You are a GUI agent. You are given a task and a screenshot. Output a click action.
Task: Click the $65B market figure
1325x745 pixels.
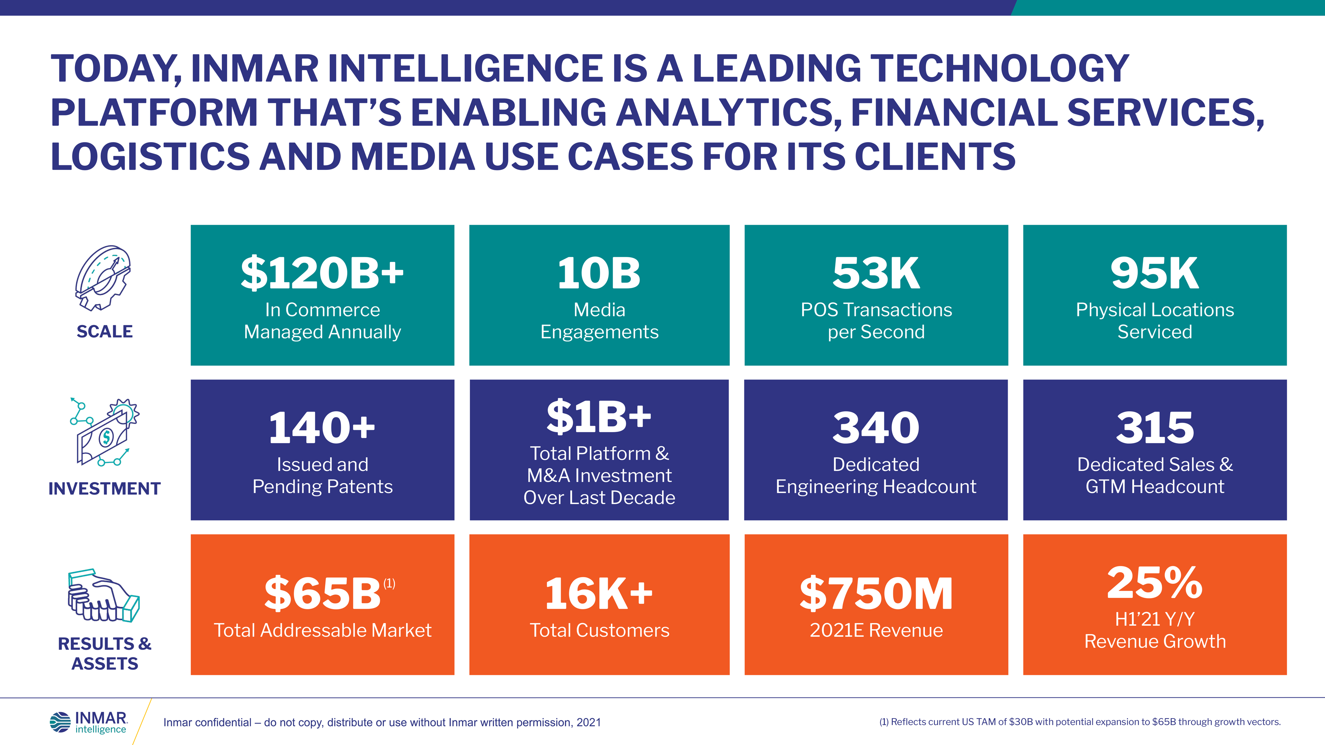pyautogui.click(x=322, y=593)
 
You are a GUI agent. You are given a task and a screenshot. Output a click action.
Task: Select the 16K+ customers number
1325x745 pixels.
pyautogui.click(x=599, y=593)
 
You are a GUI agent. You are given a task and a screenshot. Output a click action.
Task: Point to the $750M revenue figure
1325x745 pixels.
pyautogui.click(x=876, y=593)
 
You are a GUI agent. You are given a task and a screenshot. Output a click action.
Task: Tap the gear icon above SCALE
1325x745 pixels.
pyautogui.click(x=103, y=278)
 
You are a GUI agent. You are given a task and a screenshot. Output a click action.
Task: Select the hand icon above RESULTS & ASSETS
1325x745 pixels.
pyautogui.click(x=103, y=596)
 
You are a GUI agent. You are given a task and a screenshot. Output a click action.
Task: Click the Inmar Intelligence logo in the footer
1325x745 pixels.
pyautogui.click(x=89, y=722)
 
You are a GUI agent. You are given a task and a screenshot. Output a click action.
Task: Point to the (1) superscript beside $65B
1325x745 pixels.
pyautogui.click(x=390, y=583)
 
